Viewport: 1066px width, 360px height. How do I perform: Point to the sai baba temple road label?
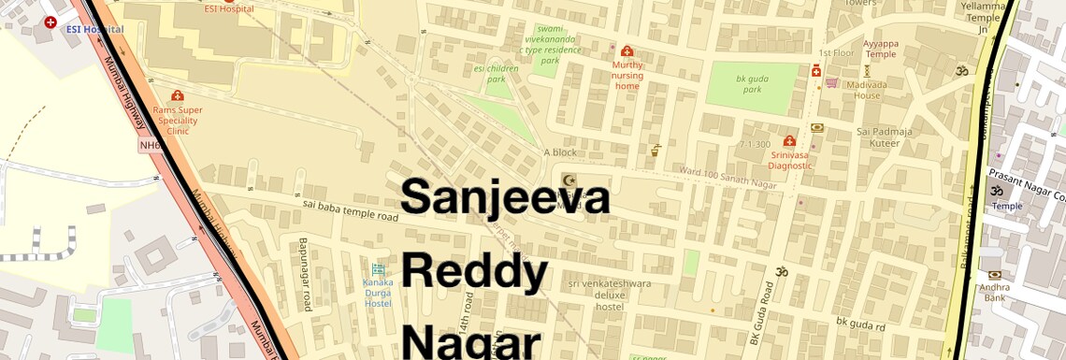point(350,209)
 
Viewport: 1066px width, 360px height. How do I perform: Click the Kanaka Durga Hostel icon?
point(379,269)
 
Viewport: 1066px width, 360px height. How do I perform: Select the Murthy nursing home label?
point(627,76)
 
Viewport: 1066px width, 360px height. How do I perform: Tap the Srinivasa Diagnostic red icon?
point(790,140)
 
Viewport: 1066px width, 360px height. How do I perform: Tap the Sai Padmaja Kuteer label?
point(884,137)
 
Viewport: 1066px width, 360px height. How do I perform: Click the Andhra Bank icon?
point(993,274)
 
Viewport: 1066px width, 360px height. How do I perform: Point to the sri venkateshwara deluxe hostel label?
point(609,295)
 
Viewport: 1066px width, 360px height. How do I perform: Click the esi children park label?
point(496,74)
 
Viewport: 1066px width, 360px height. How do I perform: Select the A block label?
point(560,152)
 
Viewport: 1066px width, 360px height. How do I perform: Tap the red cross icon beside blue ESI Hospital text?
point(50,22)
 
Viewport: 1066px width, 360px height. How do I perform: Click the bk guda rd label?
point(860,325)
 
